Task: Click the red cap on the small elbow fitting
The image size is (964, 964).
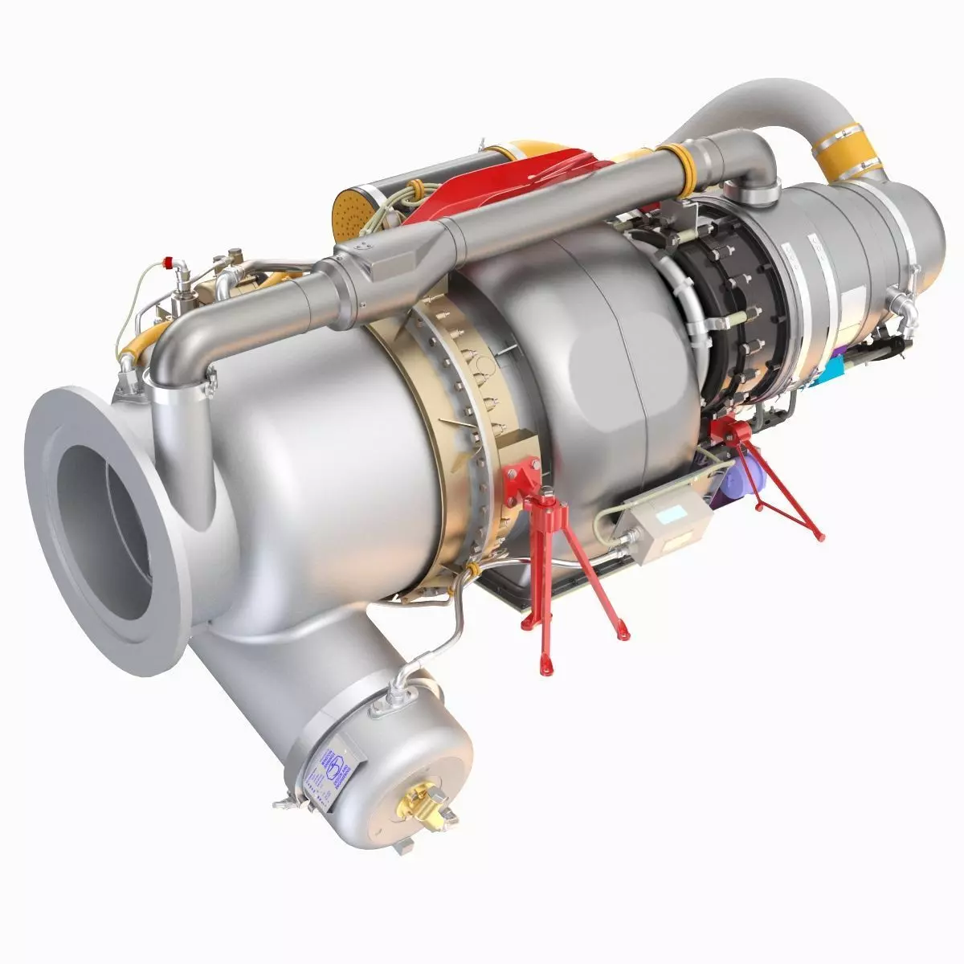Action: (x=169, y=260)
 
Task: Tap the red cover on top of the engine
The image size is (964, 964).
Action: (x=514, y=181)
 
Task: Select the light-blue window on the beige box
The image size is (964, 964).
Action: (x=671, y=513)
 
